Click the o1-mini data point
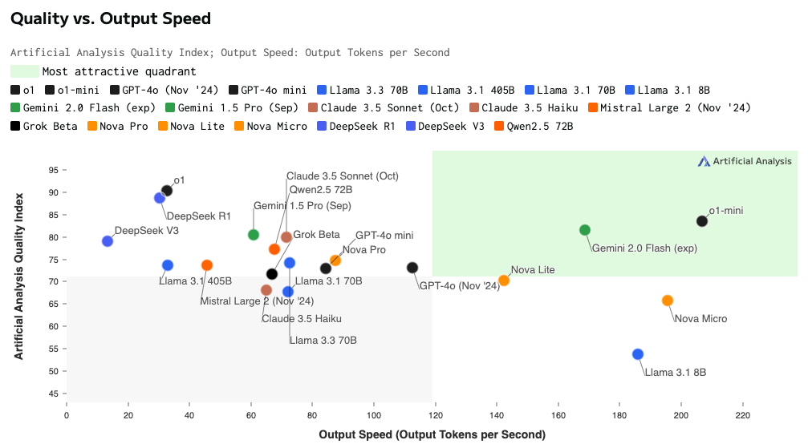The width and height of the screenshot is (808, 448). click(702, 221)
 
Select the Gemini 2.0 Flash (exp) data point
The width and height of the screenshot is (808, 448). click(585, 230)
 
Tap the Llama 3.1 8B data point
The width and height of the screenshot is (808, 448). click(638, 354)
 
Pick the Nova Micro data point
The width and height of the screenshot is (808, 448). click(668, 301)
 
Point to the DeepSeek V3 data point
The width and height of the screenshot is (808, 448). click(108, 241)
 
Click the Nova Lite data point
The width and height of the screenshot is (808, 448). click(504, 281)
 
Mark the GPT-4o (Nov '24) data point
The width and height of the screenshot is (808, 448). click(412, 268)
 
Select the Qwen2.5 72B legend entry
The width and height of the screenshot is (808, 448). click(534, 126)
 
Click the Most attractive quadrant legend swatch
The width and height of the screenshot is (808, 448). click(25, 72)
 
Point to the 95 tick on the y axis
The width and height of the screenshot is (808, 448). click(54, 170)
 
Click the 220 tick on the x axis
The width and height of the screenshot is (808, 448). click(743, 416)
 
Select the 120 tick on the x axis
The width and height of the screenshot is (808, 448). click(435, 416)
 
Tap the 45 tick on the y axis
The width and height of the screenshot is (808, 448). click(54, 394)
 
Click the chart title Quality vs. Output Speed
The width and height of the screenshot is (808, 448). click(111, 18)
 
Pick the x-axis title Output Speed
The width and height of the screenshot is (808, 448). click(432, 434)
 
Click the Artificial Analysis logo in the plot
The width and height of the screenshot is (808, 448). click(745, 161)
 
